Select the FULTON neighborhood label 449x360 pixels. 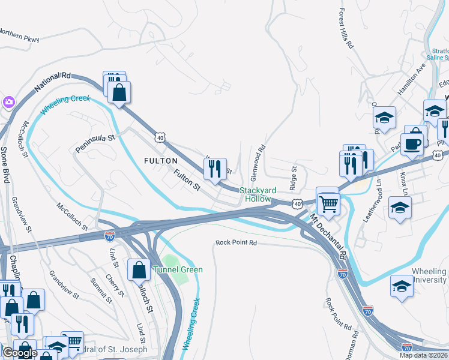160,161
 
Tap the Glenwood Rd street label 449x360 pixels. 258,163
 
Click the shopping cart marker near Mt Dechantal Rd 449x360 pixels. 328,204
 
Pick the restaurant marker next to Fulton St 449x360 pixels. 215,169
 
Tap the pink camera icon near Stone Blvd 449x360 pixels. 8,101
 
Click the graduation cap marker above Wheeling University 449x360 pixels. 402,286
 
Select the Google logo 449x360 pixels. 20,353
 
